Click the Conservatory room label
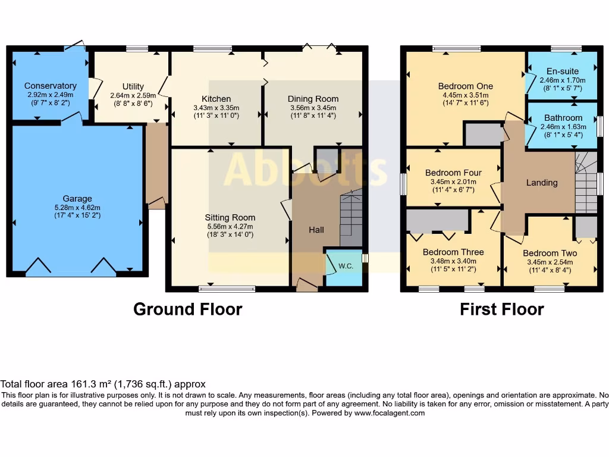point(50,86)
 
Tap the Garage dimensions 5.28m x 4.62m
point(77,208)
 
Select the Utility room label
point(133,87)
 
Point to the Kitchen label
point(216,99)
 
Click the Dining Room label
point(313,99)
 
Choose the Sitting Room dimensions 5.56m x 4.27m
point(230,226)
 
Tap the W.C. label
point(346,266)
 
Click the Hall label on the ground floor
point(316,230)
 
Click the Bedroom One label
point(465,86)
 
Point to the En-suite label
point(562,71)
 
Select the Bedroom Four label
point(453,173)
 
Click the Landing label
point(541,183)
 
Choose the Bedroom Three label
point(453,252)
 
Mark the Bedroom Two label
point(550,253)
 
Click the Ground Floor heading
point(187,309)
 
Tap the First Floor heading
point(501,309)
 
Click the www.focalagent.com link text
point(390,413)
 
